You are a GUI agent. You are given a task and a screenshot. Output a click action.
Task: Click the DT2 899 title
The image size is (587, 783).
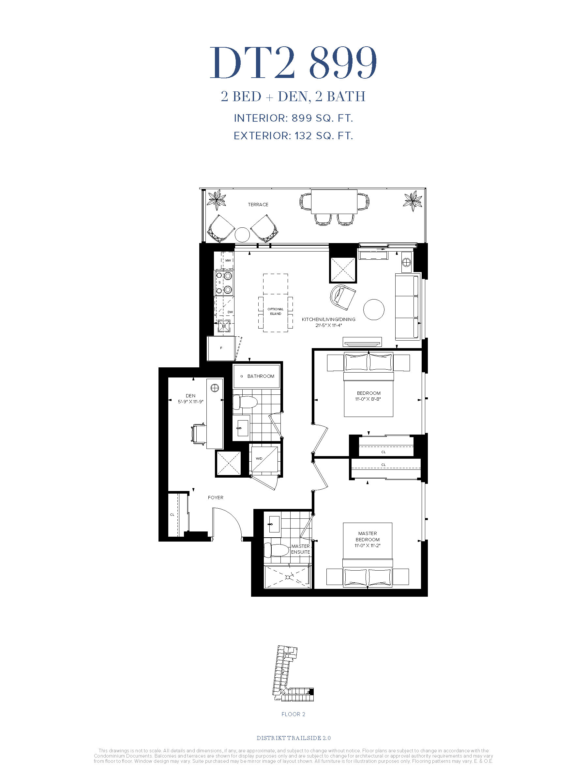click(x=293, y=63)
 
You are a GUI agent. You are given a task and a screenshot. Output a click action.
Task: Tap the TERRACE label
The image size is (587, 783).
click(x=258, y=205)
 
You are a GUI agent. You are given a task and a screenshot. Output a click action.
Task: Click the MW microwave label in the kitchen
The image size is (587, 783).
click(x=228, y=261)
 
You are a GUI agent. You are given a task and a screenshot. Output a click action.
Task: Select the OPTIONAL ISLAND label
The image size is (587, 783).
click(x=275, y=312)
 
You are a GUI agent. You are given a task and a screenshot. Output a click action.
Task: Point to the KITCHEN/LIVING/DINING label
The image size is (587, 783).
click(x=328, y=319)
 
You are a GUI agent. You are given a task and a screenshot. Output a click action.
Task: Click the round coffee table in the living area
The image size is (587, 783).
click(x=374, y=309)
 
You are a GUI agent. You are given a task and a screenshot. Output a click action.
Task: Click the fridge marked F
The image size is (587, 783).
click(x=221, y=348)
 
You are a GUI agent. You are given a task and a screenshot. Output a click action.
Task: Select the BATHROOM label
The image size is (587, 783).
click(x=261, y=376)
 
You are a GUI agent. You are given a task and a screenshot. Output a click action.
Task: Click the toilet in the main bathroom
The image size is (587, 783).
click(x=245, y=403)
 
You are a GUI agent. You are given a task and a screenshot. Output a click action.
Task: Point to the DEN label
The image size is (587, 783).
click(x=190, y=396)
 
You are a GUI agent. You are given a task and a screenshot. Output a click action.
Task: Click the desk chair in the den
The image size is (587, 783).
click(x=198, y=433)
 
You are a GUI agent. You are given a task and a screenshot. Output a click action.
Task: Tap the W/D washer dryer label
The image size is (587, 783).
click(x=259, y=459)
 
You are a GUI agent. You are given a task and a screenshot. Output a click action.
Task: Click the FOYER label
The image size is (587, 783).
click(x=216, y=497)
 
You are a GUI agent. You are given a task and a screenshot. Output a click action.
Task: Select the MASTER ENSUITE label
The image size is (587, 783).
click(x=300, y=549)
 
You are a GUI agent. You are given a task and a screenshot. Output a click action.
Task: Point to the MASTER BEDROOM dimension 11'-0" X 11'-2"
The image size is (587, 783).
click(x=367, y=545)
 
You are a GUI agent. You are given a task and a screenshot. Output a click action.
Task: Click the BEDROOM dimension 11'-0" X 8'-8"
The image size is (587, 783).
click(x=368, y=399)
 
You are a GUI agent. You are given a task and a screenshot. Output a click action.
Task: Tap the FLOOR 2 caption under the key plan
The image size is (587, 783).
click(x=293, y=714)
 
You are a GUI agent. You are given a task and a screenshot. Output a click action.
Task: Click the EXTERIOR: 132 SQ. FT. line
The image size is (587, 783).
click(x=293, y=136)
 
